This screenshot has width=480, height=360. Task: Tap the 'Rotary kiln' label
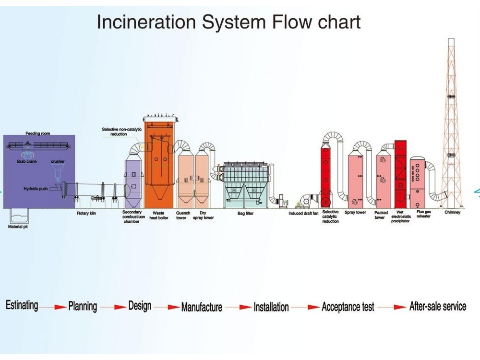(x=86, y=213)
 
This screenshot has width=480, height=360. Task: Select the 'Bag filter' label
(x=245, y=214)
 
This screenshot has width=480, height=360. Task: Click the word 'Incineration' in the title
(x=146, y=22)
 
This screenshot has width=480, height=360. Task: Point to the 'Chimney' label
(x=452, y=212)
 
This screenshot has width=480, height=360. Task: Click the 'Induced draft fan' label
(x=303, y=214)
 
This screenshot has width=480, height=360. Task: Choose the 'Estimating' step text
(x=22, y=305)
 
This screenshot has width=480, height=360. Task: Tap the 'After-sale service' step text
(x=438, y=306)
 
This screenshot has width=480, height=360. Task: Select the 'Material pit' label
(x=18, y=227)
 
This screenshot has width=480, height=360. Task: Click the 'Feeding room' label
(x=37, y=133)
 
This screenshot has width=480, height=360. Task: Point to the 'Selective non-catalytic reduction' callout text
(x=121, y=132)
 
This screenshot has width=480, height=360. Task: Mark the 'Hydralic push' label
(x=36, y=189)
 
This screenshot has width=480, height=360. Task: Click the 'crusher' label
(x=58, y=161)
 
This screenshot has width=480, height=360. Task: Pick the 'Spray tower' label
(x=355, y=212)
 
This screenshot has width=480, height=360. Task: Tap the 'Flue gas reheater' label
(x=424, y=214)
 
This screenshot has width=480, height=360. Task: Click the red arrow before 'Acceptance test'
(x=306, y=307)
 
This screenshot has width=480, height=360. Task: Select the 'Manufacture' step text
(x=202, y=307)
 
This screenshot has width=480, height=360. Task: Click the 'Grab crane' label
(x=26, y=161)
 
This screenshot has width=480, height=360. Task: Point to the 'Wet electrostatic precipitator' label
(x=401, y=216)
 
